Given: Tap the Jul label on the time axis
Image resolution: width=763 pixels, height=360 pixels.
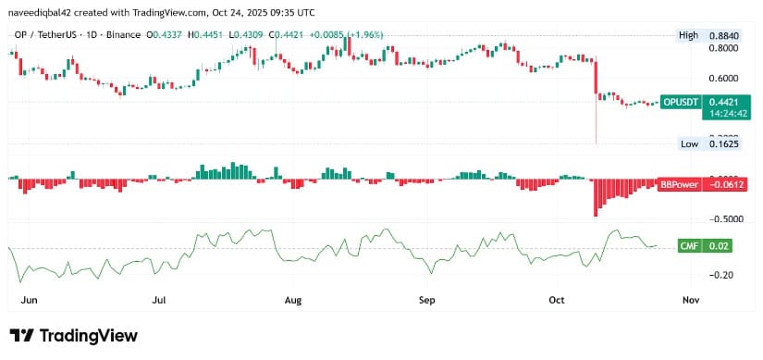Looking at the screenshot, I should click(159, 300).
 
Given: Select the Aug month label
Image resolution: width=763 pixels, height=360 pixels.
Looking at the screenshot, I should click(293, 300).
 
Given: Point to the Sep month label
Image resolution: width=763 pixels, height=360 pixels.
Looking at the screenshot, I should click(427, 300).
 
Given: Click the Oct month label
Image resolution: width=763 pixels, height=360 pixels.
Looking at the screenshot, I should click(557, 300).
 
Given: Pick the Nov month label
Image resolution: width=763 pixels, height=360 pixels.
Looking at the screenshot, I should click(690, 300).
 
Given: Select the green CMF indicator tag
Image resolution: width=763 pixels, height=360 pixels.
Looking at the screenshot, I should click(690, 245).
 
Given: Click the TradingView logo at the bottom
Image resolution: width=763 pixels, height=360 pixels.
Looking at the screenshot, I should click(73, 335).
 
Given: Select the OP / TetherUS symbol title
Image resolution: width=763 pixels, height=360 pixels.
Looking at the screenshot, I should click(48, 35).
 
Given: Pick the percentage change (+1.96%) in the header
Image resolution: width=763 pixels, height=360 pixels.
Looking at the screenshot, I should click(369, 35).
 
